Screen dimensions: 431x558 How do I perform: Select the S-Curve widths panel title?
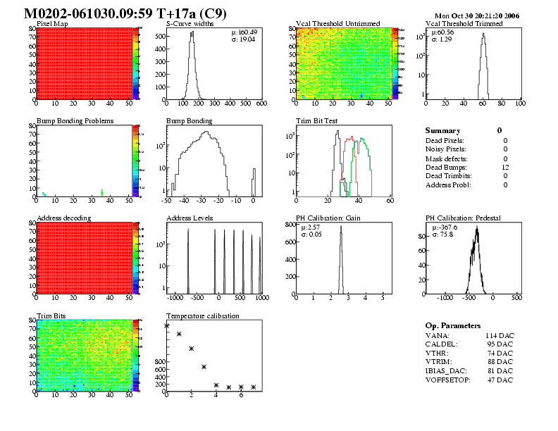pyautogui.click(x=190, y=24)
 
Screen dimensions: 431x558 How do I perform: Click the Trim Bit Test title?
pyautogui.click(x=316, y=121)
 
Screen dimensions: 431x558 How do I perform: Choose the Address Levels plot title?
pyautogui.click(x=190, y=218)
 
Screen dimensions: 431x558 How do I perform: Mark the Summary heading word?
pyautogui.click(x=442, y=131)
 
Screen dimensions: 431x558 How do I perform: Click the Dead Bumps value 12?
pyautogui.click(x=504, y=167)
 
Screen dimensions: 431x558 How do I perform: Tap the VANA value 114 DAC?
pyautogui.click(x=499, y=335)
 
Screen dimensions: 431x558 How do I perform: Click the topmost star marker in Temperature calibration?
pyautogui.click(x=167, y=326)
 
